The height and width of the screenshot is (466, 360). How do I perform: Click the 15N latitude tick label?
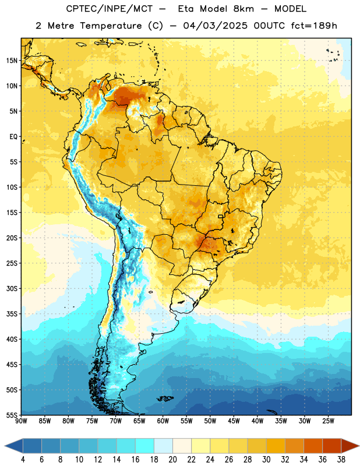[12, 61]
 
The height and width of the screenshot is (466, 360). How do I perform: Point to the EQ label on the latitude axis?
[13, 137]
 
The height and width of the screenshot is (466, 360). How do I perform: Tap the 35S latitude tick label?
[12, 314]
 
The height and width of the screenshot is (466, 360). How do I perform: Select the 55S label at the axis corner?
[12, 415]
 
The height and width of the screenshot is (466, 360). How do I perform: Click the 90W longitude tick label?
[22, 421]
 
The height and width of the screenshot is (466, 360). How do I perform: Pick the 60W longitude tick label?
[163, 421]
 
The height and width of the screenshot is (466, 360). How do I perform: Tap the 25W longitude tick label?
[328, 421]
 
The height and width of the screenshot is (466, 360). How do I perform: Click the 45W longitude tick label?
[234, 421]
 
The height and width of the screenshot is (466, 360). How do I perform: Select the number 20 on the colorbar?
[172, 460]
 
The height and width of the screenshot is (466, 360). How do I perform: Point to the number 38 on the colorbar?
[341, 460]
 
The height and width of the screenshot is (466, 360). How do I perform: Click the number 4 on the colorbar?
[23, 460]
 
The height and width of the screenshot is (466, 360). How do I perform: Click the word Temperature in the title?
[111, 26]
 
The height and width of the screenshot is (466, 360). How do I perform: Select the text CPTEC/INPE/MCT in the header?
[109, 9]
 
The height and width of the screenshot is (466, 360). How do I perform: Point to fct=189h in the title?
[314, 26]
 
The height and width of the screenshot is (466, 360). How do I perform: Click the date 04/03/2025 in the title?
[215, 26]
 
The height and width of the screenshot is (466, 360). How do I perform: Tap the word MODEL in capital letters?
[290, 9]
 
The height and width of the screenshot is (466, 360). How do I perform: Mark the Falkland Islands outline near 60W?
[165, 398]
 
